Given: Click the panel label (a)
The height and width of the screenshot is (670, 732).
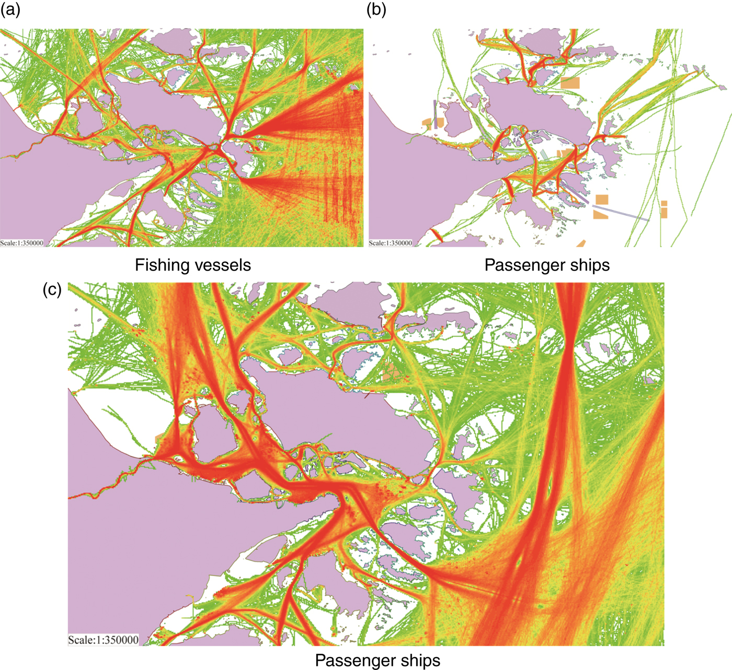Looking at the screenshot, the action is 10,9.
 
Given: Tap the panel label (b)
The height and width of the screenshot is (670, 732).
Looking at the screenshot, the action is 376,9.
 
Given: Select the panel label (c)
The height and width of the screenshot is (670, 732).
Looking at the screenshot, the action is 52,289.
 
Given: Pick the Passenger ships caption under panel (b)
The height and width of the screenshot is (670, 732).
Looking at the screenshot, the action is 547,265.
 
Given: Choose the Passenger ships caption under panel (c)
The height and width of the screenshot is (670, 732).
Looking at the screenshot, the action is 378,661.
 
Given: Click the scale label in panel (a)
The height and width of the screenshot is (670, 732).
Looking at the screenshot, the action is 22,243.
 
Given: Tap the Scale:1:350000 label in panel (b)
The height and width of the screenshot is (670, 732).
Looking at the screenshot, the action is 391,243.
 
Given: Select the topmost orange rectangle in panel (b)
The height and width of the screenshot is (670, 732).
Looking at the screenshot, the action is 570,83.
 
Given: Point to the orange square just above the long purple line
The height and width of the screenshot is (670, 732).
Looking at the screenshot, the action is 602,199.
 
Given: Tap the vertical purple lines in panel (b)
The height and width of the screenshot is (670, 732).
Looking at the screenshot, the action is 434,113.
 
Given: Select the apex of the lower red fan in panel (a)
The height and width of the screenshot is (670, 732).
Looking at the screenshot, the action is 245,180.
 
